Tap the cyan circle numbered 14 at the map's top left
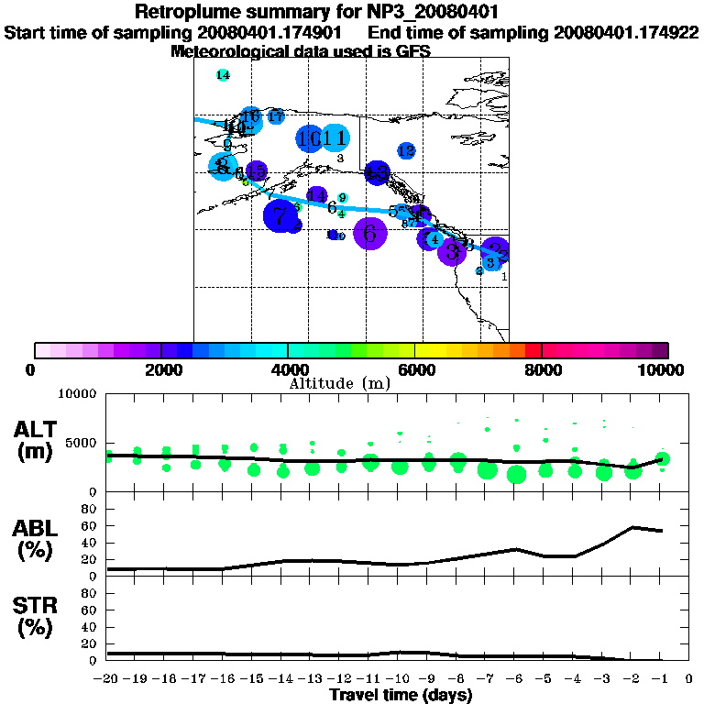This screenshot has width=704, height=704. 223,75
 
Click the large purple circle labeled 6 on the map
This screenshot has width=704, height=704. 370,234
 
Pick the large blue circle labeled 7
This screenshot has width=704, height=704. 280,216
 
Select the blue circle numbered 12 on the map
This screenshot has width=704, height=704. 406,150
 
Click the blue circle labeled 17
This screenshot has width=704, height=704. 275,116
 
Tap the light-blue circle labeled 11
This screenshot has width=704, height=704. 336,138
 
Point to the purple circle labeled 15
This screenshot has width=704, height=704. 257,170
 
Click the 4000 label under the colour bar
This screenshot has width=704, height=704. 288,369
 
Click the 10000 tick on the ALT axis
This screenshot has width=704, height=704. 77,394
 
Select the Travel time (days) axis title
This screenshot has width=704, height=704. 401,696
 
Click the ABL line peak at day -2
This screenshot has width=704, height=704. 633,527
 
